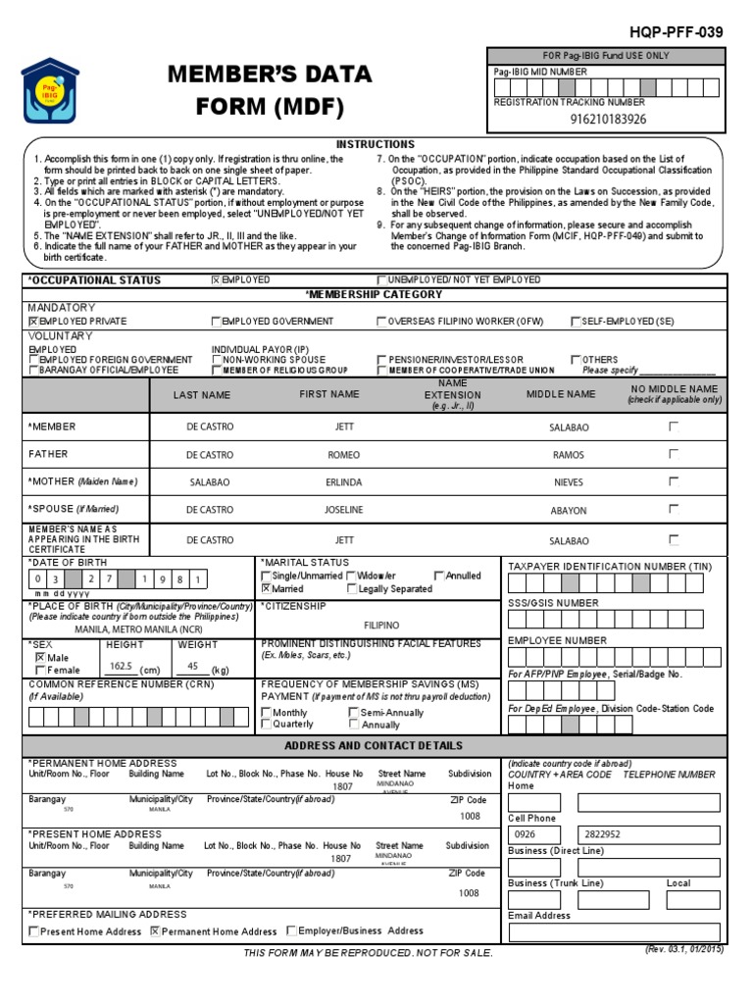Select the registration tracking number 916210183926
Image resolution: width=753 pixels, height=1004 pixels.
coord(608,120)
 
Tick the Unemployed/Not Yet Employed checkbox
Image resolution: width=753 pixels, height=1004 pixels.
coord(382,280)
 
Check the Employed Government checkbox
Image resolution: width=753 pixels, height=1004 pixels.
coord(216,322)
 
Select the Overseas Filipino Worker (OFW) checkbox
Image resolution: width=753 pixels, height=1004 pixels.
coord(382,322)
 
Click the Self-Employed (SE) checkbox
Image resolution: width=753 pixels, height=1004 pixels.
coord(576,322)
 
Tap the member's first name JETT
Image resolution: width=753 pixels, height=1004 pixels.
coord(344,427)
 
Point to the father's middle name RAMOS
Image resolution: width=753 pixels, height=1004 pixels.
coord(568,455)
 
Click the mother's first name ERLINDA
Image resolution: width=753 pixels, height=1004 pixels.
coord(344,483)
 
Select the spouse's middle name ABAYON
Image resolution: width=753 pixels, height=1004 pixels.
coord(569,511)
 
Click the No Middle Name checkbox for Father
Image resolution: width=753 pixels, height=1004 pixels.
coord(674,454)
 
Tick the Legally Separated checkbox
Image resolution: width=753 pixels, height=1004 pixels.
coord(352,589)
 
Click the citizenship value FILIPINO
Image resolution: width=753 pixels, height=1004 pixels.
coord(381,625)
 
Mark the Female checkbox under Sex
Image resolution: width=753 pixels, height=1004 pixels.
coord(39,670)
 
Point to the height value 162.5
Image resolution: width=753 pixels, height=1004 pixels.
coord(122,665)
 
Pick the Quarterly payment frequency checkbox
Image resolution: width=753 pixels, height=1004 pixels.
coord(266,725)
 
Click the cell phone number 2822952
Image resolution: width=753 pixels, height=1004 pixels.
coord(602,834)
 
